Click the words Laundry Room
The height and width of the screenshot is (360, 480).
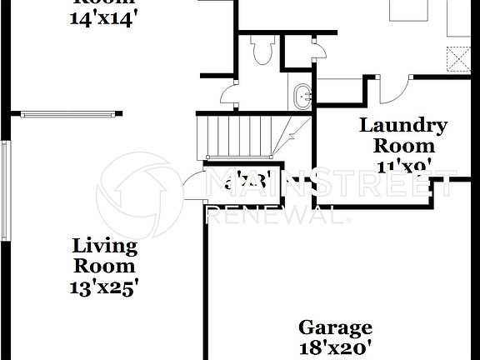click(403, 135)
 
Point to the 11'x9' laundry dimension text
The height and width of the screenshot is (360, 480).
click(403, 166)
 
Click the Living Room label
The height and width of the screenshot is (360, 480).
click(104, 256)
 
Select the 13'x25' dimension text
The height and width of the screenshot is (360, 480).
click(104, 287)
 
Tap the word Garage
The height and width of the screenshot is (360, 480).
click(335, 327)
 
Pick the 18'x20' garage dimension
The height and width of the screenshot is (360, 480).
click(335, 347)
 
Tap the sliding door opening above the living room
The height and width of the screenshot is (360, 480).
click(67, 114)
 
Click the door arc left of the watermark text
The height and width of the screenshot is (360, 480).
click(194, 186)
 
